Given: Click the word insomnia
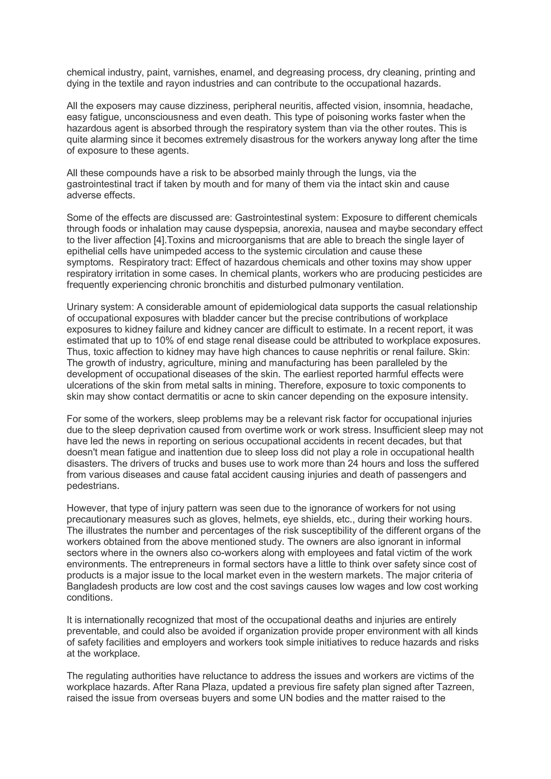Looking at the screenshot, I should point(404,106).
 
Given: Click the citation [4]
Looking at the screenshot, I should point(159,240).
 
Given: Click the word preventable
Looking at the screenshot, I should point(92,632).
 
